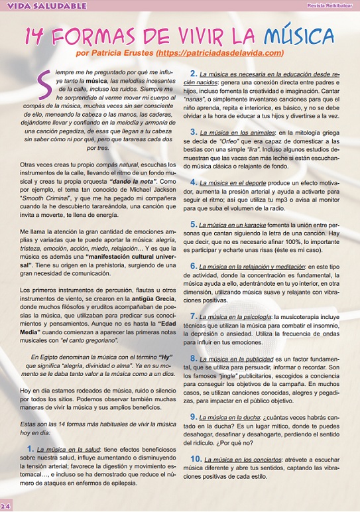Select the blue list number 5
point(194,225)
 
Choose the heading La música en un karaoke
point(236,225)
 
